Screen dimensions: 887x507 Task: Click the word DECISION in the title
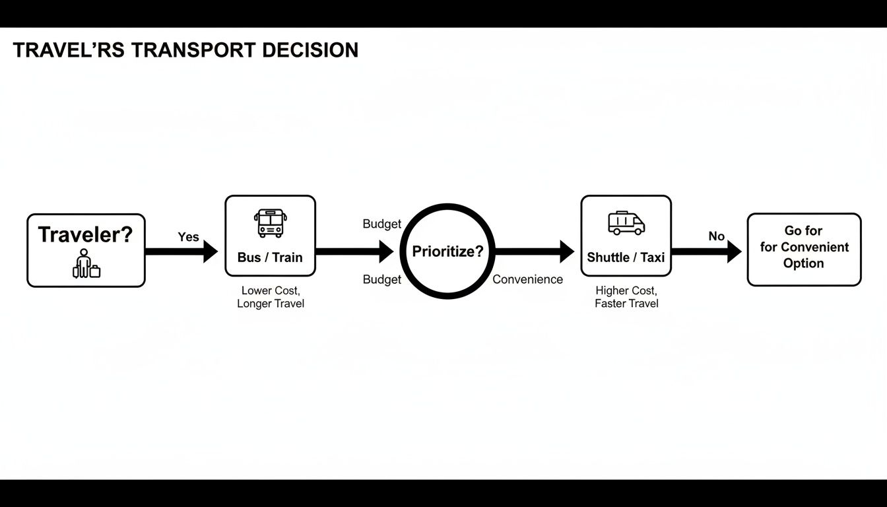point(310,50)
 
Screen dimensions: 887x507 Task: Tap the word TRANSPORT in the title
point(193,50)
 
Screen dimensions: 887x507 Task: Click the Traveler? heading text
point(86,234)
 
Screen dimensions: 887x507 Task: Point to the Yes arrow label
point(188,237)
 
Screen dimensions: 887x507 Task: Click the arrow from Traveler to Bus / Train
point(181,252)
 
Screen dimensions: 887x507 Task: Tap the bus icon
point(271,223)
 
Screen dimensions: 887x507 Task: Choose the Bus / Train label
point(270,257)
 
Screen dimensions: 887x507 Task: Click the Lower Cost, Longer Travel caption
point(271,297)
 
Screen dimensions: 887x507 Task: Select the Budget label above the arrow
point(382,224)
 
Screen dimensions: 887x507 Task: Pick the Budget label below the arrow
point(382,280)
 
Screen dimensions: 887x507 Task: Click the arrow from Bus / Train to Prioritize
point(354,252)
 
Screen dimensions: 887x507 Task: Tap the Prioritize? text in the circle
point(448,252)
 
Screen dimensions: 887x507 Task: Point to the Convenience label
point(528,280)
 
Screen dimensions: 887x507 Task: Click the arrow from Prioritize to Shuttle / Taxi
point(535,252)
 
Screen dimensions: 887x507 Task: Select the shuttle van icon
point(626,223)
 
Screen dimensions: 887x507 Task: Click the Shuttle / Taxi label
point(626,257)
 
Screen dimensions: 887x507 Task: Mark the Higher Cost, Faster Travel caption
point(626,297)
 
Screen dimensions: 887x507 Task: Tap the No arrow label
point(717,236)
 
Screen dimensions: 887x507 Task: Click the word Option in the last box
point(803,263)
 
